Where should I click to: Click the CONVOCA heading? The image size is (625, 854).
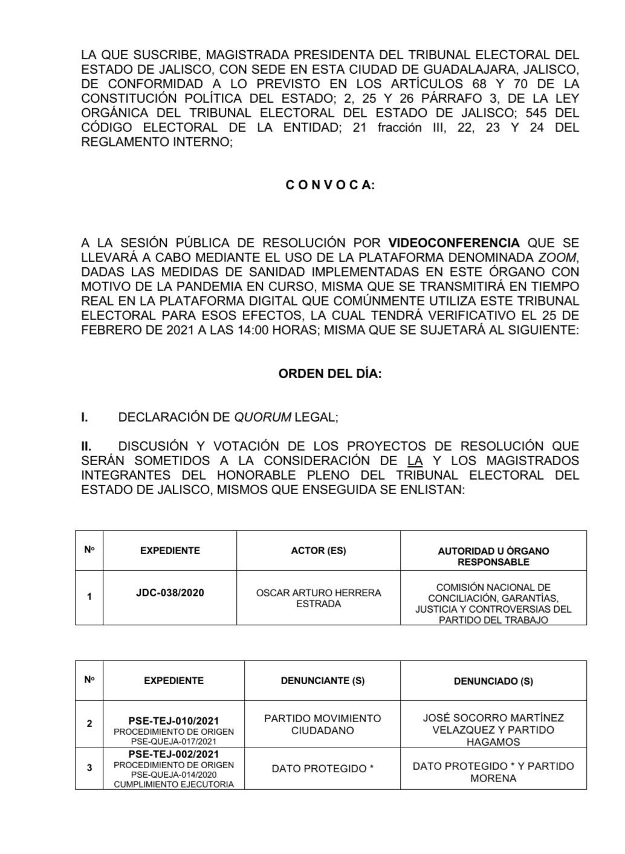330,185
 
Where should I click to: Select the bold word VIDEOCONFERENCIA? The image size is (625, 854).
453,243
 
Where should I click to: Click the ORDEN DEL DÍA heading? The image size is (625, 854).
330,374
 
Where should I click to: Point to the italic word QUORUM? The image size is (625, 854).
262,417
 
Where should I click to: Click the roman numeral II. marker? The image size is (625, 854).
86,446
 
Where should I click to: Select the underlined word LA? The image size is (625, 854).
415,461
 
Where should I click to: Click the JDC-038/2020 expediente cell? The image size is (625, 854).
170,593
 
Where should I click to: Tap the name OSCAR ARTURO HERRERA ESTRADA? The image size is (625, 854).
319,598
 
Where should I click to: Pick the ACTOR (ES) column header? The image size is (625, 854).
319,550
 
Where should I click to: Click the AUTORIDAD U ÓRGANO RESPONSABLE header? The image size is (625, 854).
493,556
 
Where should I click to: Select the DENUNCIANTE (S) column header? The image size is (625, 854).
323,680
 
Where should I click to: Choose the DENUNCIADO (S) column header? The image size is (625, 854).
493,681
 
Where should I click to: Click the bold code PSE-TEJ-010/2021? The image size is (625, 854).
173,721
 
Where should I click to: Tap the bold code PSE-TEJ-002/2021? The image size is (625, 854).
173,754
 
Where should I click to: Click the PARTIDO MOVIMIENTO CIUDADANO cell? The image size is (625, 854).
323,724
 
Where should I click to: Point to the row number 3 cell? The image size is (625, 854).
89,768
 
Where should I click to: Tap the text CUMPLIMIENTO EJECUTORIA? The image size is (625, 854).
173,784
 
